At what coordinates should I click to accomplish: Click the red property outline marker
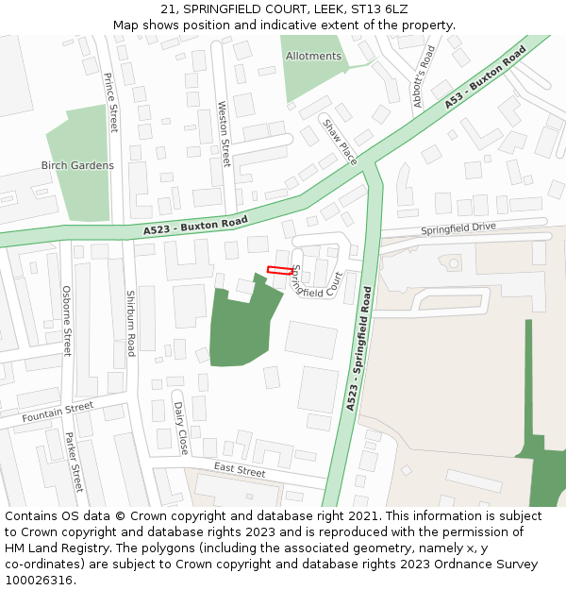[x=278, y=270]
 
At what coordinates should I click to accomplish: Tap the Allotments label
[x=313, y=57]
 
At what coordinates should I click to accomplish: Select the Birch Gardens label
[x=77, y=165]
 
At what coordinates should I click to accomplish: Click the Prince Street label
[x=112, y=102]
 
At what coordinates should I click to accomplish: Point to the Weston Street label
[x=225, y=134]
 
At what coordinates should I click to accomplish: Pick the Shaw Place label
[x=341, y=142]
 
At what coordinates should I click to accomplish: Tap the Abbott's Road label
[x=422, y=76]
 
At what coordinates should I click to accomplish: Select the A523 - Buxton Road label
[x=195, y=226]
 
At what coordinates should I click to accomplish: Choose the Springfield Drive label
[x=458, y=228]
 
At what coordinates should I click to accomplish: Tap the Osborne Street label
[x=66, y=321]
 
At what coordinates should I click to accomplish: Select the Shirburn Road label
[x=131, y=323]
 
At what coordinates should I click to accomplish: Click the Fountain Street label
[x=58, y=411]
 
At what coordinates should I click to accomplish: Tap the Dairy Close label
[x=181, y=428]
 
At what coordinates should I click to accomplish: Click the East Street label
[x=240, y=468]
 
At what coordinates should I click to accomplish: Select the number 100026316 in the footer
[x=39, y=581]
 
